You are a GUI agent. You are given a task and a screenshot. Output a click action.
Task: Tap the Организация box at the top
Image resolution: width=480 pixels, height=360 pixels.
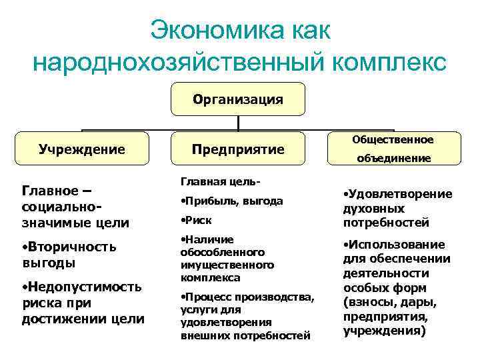point(238,99)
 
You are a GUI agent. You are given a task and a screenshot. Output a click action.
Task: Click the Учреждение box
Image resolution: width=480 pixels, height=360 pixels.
point(82,149)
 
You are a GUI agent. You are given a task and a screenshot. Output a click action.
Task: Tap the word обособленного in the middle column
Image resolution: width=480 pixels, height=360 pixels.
point(223,253)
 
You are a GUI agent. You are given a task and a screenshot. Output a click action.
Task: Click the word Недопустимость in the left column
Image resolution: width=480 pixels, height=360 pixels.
point(84,287)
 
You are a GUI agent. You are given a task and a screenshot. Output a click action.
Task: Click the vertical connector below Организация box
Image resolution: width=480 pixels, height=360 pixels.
point(238,123)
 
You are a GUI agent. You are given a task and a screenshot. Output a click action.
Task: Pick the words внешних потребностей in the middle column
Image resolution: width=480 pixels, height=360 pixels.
point(245,335)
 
